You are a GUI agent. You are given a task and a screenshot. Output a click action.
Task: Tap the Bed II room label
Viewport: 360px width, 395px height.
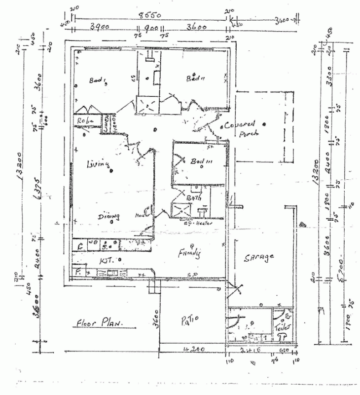point(195,78)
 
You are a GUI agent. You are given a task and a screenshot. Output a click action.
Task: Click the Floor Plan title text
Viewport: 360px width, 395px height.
point(99,324)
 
